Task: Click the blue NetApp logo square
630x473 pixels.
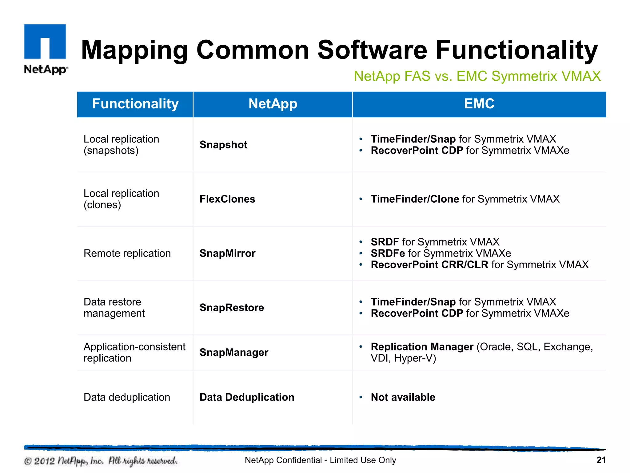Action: click(45, 42)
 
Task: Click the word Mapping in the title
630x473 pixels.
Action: click(134, 50)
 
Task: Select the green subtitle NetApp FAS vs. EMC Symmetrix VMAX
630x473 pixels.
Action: click(477, 76)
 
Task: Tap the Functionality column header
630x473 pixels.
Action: click(135, 104)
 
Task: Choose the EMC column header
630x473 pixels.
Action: click(479, 104)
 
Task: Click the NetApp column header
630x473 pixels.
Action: click(273, 104)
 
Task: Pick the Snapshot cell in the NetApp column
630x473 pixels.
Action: click(223, 145)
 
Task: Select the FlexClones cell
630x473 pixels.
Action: click(227, 199)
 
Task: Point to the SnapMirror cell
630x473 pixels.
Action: click(227, 253)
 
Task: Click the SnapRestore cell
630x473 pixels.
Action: click(232, 307)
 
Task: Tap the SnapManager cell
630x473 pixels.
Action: click(234, 352)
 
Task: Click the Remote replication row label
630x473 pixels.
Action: click(127, 253)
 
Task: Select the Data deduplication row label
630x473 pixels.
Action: click(127, 397)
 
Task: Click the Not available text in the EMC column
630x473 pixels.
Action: click(403, 397)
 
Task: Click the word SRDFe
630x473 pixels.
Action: click(388, 253)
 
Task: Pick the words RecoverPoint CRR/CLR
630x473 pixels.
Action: click(429, 265)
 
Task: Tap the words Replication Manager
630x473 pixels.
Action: click(422, 347)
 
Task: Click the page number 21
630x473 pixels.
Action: click(601, 460)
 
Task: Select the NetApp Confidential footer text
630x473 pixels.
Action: click(320, 460)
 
